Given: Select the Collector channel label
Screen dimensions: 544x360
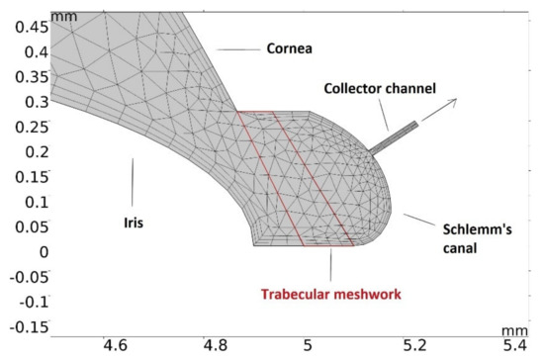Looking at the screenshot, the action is pyautogui.click(x=380, y=89).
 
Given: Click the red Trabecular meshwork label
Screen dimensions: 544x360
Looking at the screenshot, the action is pyautogui.click(x=327, y=294).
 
